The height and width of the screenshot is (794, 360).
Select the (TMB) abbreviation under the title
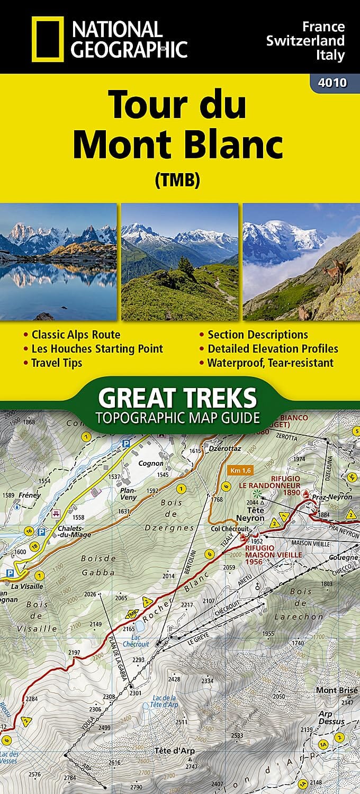click(x=177, y=181)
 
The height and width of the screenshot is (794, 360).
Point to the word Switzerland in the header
click(x=306, y=40)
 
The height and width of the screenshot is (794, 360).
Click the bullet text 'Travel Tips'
click(x=57, y=363)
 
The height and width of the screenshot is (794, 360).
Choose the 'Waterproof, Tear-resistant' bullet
click(x=270, y=363)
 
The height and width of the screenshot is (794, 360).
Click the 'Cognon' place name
click(x=151, y=463)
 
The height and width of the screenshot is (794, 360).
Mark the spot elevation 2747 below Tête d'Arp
click(x=191, y=766)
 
